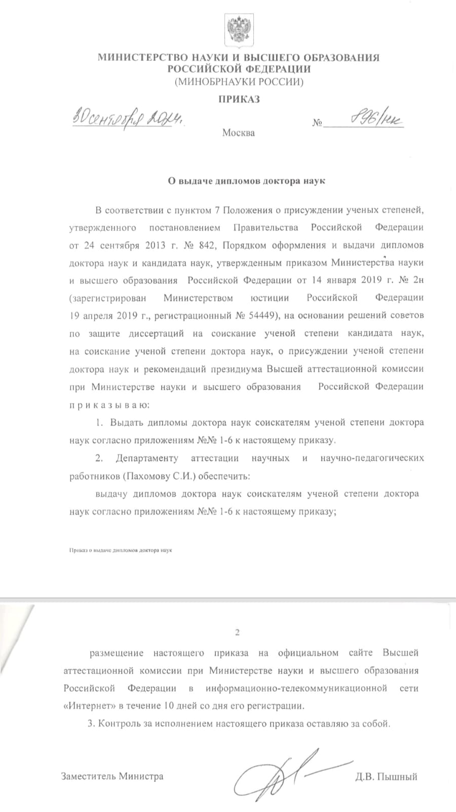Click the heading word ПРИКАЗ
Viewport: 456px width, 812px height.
pyautogui.click(x=239, y=99)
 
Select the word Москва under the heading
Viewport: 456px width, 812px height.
pyautogui.click(x=238, y=133)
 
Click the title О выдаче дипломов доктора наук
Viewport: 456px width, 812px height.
pyautogui.click(x=246, y=181)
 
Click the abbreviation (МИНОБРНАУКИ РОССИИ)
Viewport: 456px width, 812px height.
pyautogui.click(x=239, y=82)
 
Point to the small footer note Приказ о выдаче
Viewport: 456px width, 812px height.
pyautogui.click(x=121, y=550)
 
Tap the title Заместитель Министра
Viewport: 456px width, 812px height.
pyautogui.click(x=112, y=776)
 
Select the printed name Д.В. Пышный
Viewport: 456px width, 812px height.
pyautogui.click(x=386, y=776)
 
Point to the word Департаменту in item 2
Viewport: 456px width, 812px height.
pyautogui.click(x=147, y=458)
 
